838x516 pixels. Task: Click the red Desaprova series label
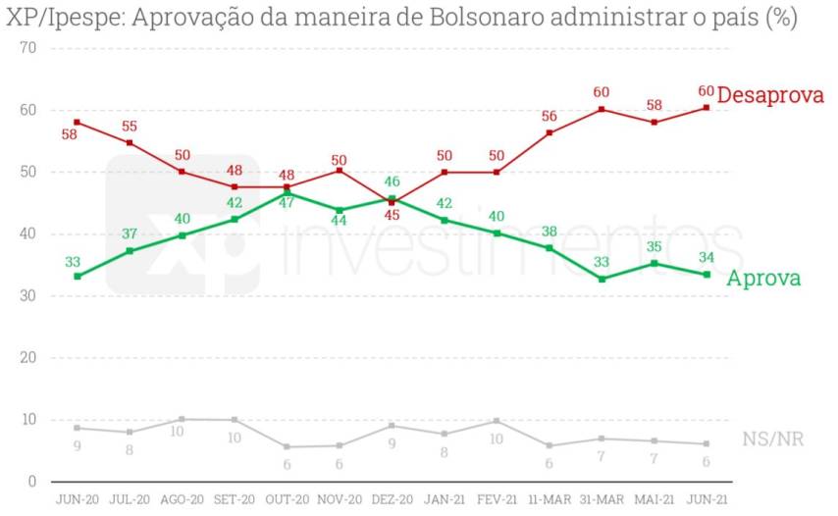(x=770, y=95)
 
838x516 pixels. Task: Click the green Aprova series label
(x=763, y=279)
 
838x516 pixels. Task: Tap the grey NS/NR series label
(x=773, y=439)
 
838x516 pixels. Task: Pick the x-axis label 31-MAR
(x=602, y=498)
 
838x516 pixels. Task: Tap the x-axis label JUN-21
(x=707, y=498)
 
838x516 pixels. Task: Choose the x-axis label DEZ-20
(x=392, y=498)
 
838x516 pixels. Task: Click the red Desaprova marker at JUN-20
(x=77, y=123)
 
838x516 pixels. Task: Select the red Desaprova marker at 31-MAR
(x=602, y=109)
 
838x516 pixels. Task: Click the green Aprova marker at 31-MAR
(x=602, y=279)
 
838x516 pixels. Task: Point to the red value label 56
(x=549, y=116)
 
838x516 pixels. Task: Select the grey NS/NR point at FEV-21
(x=497, y=421)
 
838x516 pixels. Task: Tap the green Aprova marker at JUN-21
(x=707, y=275)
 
